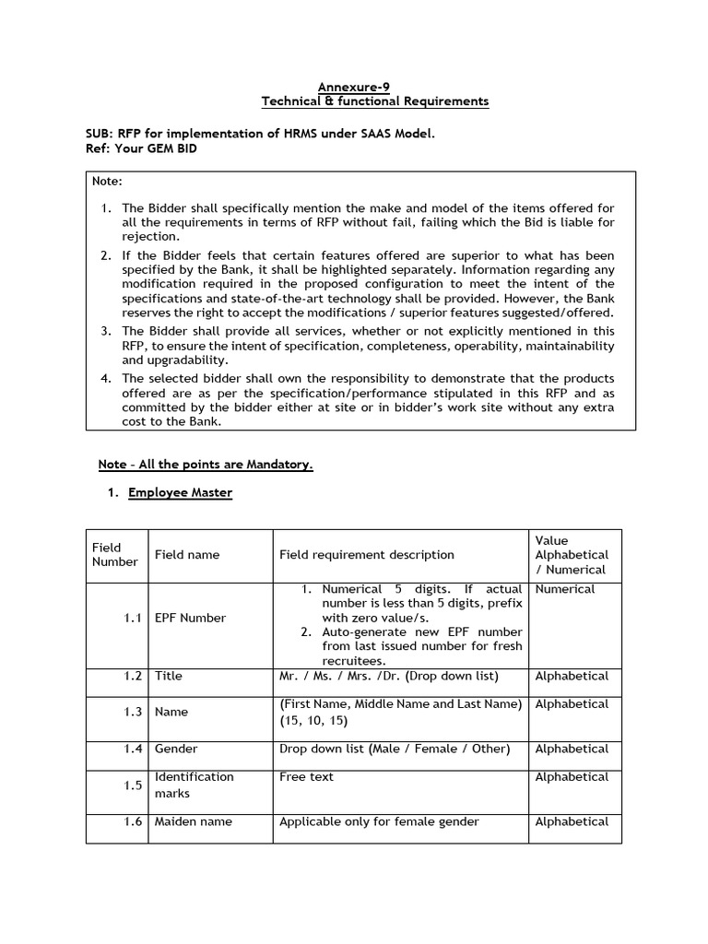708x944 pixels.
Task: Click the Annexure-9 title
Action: point(347,87)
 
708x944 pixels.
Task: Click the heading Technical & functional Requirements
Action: point(374,101)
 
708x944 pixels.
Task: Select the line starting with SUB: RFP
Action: point(259,134)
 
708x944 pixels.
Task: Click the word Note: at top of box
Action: point(107,182)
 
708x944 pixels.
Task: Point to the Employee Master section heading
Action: point(180,493)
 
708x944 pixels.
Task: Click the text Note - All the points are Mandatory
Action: point(206,465)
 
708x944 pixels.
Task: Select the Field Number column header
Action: point(114,554)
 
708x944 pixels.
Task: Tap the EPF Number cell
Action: point(190,618)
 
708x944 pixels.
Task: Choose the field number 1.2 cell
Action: point(133,676)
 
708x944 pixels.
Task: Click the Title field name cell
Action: point(169,676)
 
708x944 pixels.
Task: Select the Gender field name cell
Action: point(175,749)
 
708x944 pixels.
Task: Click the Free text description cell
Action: point(306,777)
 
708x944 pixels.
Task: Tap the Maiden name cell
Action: point(193,821)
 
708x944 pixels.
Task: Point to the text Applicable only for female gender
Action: point(379,821)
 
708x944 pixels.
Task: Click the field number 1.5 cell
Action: point(133,785)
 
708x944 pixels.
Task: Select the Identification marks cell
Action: point(194,785)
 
